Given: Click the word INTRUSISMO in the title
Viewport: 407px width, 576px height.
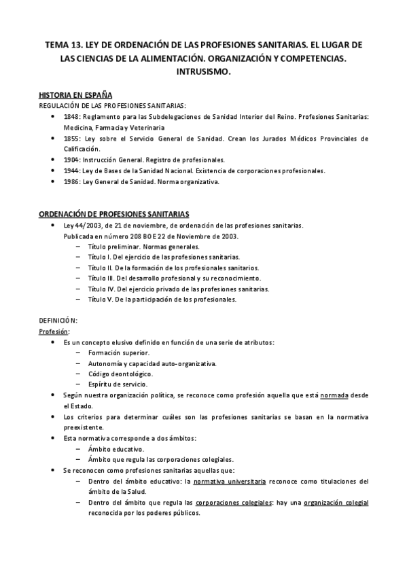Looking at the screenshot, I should click(203, 71).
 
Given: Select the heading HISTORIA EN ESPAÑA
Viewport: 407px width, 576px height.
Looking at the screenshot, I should click(75, 95).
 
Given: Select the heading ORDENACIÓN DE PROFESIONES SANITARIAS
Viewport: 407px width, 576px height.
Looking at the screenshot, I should click(114, 214).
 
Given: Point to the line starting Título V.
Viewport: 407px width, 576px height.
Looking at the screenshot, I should click(162, 300).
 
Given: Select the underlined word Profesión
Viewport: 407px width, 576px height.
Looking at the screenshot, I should click(54, 331).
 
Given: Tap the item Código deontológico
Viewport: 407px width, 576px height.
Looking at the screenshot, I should click(120, 374).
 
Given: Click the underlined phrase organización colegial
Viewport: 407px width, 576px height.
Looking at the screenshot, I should click(336, 503).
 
